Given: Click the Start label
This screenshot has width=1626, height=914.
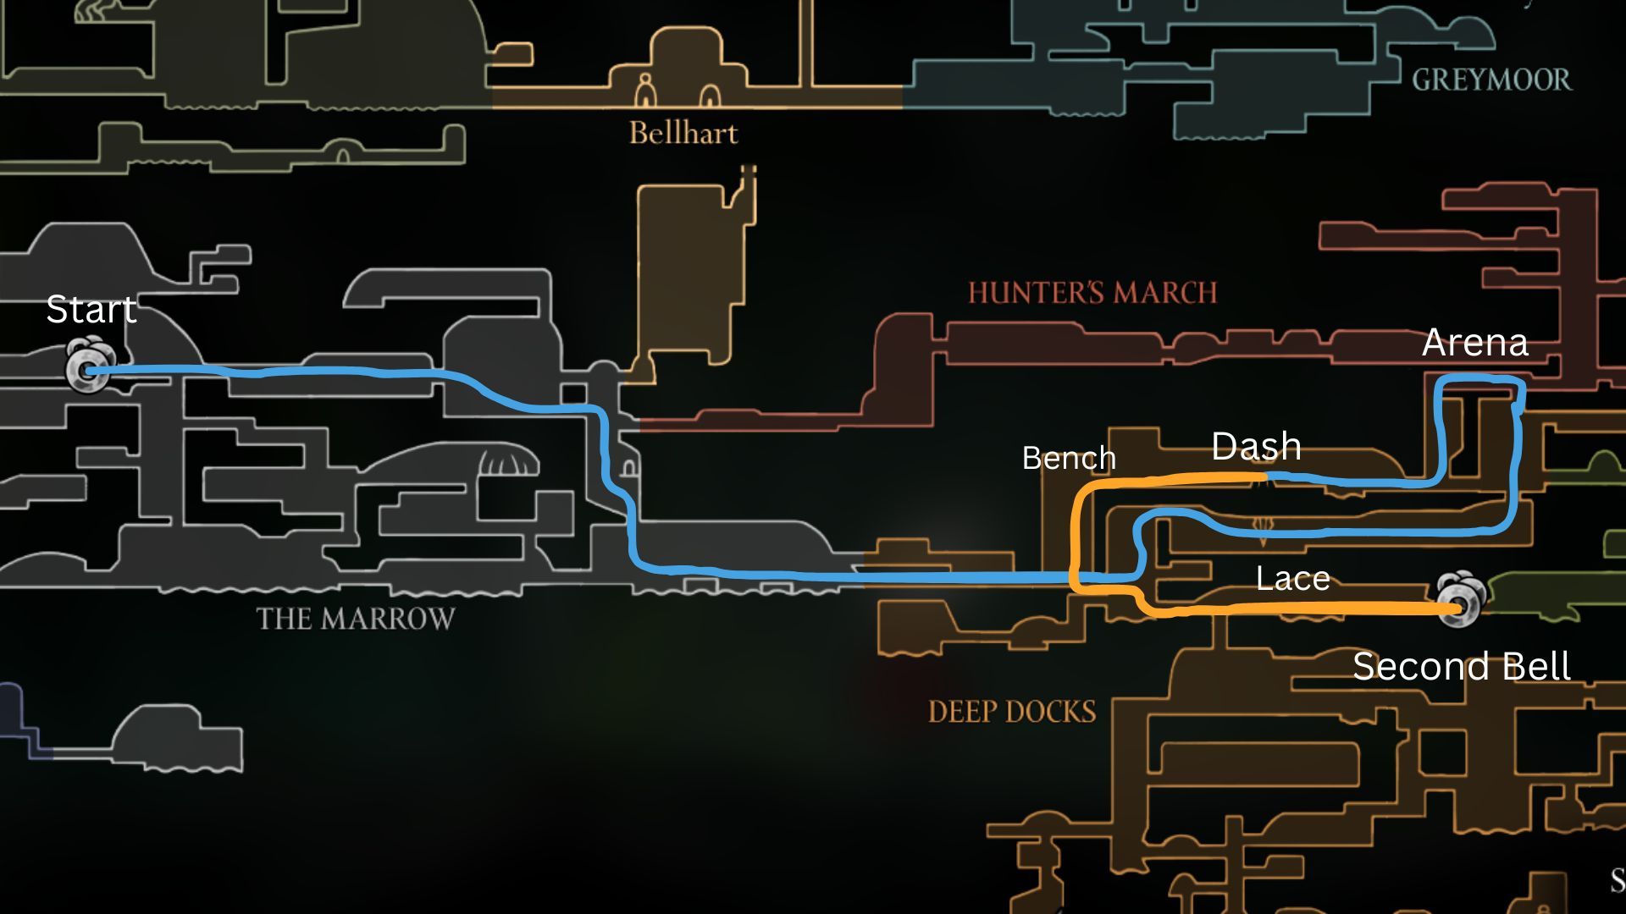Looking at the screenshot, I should (x=91, y=310).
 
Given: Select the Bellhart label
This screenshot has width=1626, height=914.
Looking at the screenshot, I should (x=683, y=134).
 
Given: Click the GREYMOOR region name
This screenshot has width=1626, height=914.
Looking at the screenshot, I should (x=1490, y=80).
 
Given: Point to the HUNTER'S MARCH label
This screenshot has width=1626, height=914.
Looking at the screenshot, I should (x=1092, y=294).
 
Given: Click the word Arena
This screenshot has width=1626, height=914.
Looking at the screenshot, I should (x=1474, y=343).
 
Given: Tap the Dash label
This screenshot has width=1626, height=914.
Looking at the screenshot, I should (x=1256, y=447).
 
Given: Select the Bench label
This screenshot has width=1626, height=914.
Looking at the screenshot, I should (x=1069, y=459).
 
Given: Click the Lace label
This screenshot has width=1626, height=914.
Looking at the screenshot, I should (x=1292, y=579).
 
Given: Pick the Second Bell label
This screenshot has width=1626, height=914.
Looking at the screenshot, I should (x=1461, y=667).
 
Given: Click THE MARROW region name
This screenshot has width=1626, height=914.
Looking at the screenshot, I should (x=356, y=619).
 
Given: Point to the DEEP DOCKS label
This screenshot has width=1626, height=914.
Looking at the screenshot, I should (x=1012, y=712).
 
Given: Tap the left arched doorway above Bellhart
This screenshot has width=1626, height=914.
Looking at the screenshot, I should (x=645, y=91).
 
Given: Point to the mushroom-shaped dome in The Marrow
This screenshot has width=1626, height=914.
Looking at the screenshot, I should (x=508, y=462).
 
